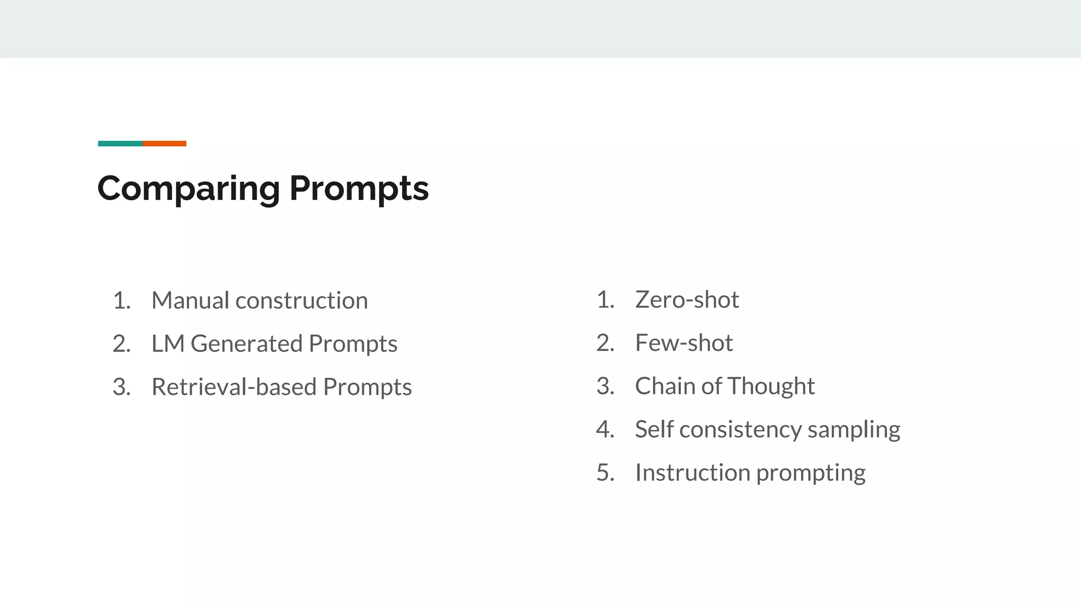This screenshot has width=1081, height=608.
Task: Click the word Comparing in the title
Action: (x=188, y=189)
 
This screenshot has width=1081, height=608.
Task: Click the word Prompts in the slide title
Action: (x=359, y=189)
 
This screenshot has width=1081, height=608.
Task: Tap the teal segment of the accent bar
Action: (x=120, y=144)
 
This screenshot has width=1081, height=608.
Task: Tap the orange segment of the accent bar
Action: (x=164, y=144)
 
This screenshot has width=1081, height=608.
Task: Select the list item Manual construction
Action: (x=259, y=301)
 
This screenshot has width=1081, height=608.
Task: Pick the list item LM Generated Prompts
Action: (x=274, y=344)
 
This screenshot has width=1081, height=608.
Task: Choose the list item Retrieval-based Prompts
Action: (x=281, y=387)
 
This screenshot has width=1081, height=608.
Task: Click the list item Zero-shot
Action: (x=687, y=300)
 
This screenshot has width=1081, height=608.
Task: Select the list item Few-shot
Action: (x=684, y=343)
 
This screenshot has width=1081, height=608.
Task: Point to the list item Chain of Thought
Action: (x=725, y=386)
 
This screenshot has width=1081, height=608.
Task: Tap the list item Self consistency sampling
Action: (x=767, y=430)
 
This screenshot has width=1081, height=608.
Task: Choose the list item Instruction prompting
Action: (x=750, y=473)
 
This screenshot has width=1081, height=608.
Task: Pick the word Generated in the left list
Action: (x=246, y=344)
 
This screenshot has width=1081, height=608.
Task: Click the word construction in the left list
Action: (x=301, y=301)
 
